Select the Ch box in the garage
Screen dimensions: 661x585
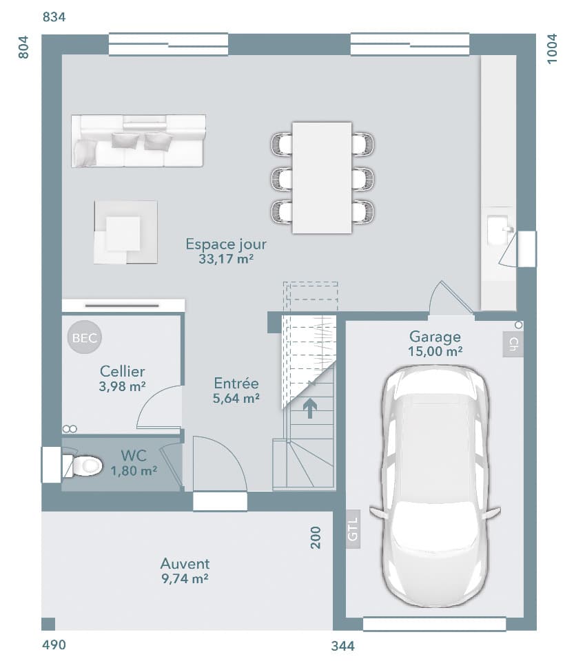point(513,344)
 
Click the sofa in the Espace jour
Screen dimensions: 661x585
point(138,141)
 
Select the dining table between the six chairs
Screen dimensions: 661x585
point(322,178)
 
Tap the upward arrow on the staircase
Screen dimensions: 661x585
point(310,409)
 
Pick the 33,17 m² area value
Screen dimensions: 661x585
point(226,259)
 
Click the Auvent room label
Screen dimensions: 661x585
point(185,564)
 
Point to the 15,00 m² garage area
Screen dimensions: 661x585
point(435,351)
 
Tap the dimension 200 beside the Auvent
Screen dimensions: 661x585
point(316,537)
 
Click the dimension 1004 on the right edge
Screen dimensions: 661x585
point(553,49)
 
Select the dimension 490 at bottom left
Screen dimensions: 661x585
point(54,645)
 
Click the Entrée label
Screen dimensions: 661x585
point(236,384)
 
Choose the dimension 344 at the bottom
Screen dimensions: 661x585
point(342,646)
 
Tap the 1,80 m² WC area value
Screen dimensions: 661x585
point(134,471)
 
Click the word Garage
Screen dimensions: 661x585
point(435,337)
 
